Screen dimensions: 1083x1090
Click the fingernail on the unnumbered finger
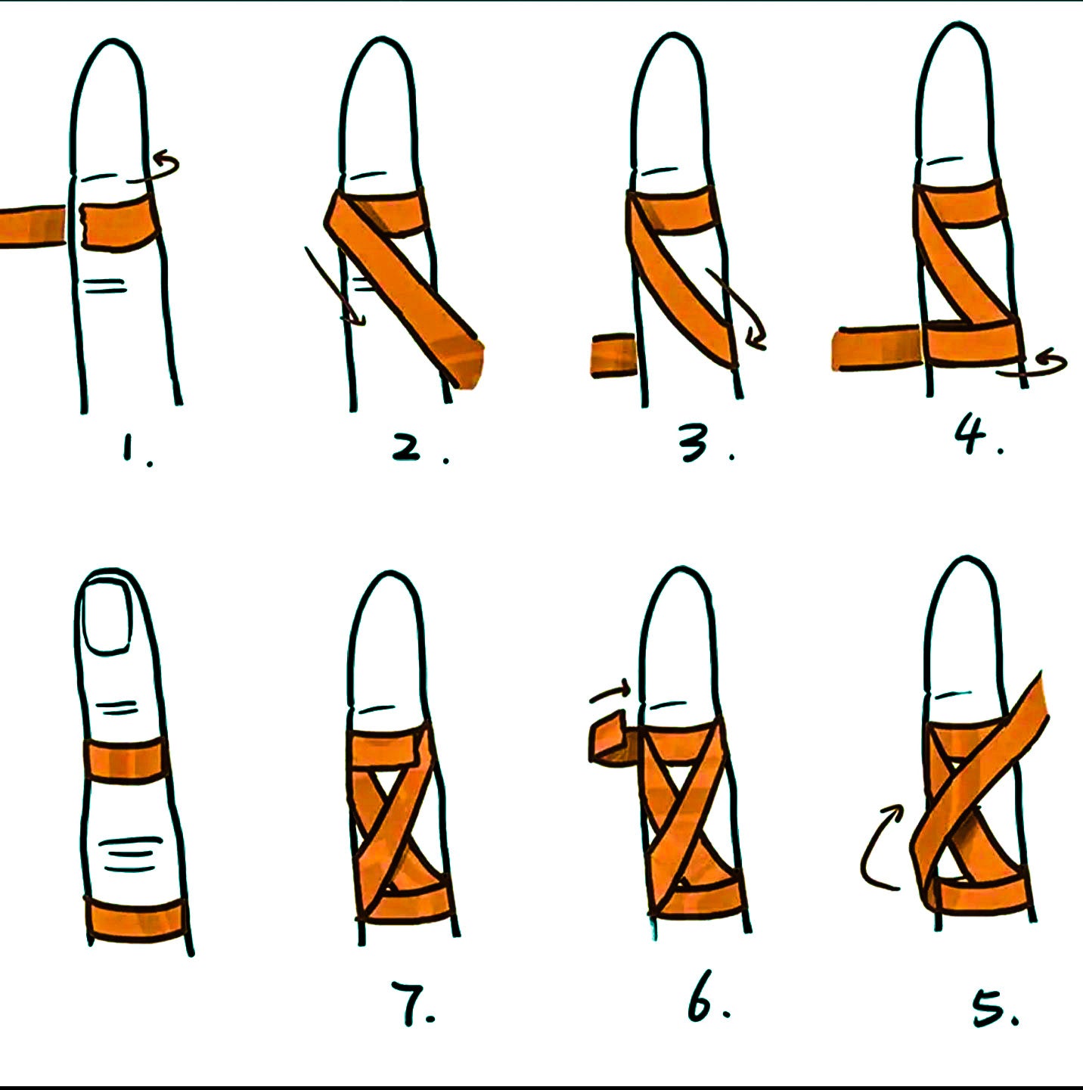coord(107,618)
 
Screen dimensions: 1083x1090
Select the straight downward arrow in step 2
coord(334,287)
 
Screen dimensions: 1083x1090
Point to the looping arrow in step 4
coord(1032,364)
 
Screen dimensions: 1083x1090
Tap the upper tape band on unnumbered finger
coord(126,759)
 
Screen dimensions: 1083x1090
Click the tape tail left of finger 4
coord(877,348)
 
